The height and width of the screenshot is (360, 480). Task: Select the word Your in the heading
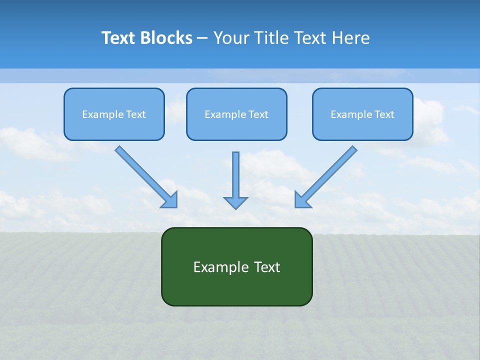pos(231,38)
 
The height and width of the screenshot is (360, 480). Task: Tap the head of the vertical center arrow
pos(235,202)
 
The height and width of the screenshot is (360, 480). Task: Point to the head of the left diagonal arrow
pos(170,200)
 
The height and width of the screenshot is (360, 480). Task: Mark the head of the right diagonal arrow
pos(302,199)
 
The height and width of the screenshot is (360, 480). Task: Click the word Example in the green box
pos(214,267)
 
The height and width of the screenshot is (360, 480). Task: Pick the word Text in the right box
pos(385,114)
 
